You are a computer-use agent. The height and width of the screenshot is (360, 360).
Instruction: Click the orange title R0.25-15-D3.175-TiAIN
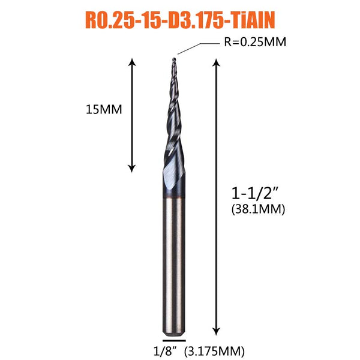click(180, 20)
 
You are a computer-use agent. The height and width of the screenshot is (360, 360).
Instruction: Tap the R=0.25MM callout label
click(255, 42)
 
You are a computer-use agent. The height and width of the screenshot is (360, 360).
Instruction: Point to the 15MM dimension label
click(104, 110)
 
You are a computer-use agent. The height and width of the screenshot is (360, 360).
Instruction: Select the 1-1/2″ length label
click(255, 193)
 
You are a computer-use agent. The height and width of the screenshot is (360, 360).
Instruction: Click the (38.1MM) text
click(258, 209)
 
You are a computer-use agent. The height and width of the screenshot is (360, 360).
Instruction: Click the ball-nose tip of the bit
click(174, 59)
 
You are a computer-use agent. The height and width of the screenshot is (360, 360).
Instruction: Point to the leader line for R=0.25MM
click(199, 49)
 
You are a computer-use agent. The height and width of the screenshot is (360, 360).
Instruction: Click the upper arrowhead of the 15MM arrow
click(132, 62)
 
